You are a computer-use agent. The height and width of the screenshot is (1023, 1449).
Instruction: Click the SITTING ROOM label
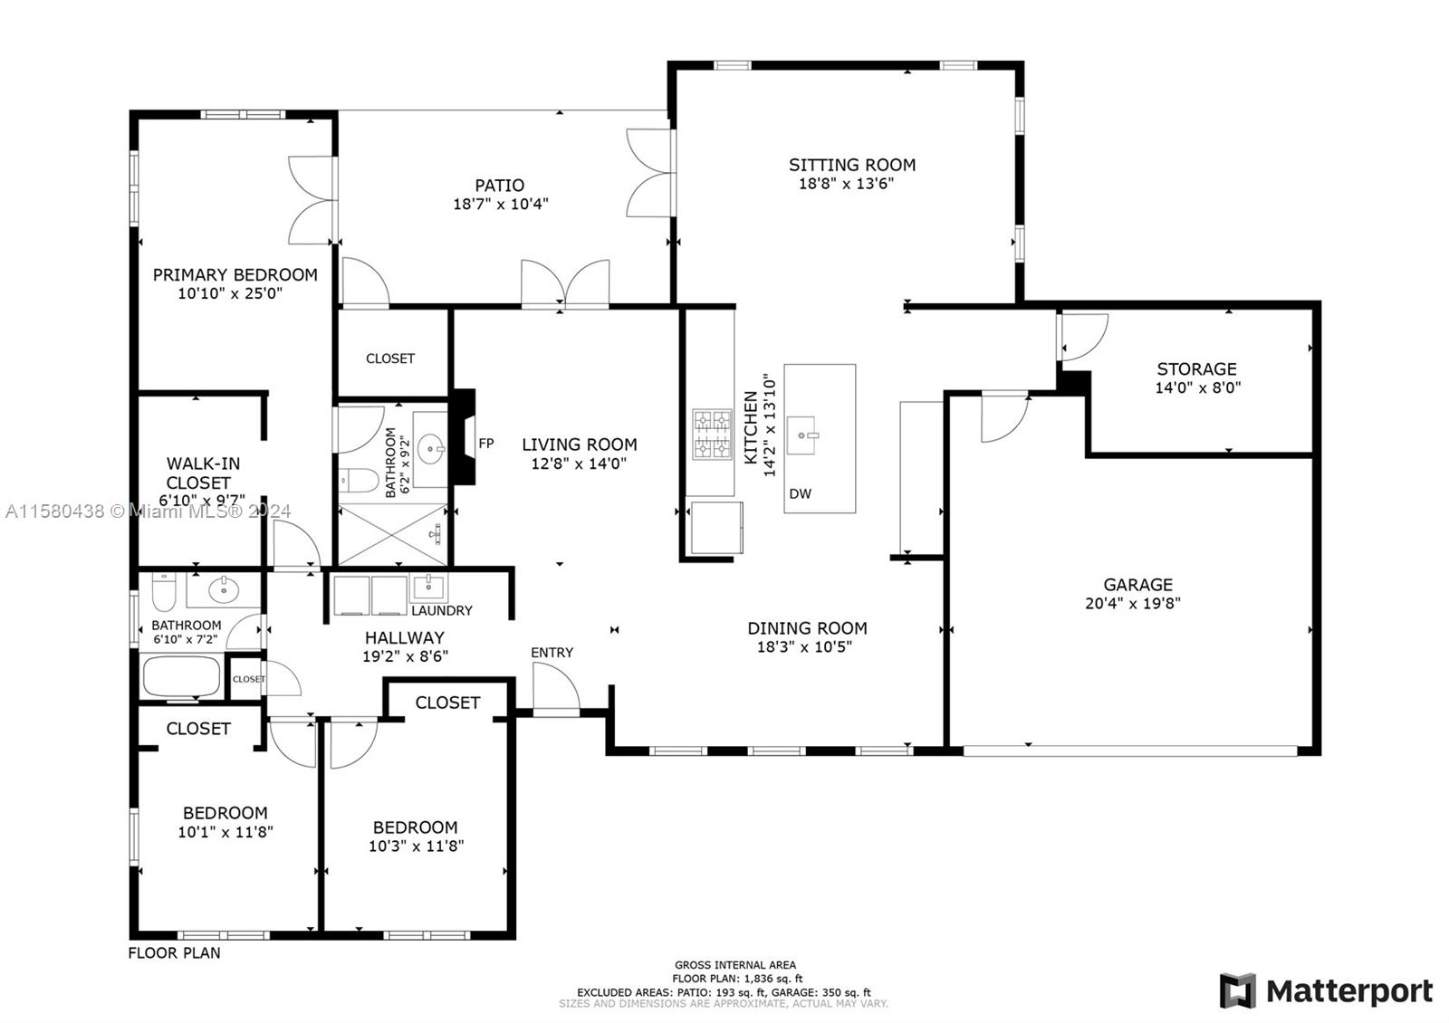point(852,165)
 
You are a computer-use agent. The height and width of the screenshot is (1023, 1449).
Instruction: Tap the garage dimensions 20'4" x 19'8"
point(1133,603)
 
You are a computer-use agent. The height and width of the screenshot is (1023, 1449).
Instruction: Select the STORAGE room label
point(1196,369)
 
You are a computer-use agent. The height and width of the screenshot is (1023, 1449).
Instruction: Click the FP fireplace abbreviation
point(486,444)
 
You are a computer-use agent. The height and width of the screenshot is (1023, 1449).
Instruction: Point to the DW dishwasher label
point(801,494)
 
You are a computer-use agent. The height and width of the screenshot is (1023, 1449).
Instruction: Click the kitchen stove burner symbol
point(712,434)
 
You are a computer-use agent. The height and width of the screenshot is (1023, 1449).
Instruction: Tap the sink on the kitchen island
point(802,435)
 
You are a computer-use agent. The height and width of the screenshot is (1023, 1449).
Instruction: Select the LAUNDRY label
point(442,610)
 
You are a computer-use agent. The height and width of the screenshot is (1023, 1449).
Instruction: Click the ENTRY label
point(552,653)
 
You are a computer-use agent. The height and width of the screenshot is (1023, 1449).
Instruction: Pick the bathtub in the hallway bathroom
point(182,677)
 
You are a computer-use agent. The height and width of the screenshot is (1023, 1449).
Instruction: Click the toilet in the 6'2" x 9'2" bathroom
point(359,481)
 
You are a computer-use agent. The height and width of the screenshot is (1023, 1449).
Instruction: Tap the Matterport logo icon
point(1238,990)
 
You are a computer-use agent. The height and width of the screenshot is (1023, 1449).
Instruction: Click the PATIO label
point(499,186)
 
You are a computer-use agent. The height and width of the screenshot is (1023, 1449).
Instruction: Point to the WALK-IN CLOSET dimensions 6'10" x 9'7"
point(202,500)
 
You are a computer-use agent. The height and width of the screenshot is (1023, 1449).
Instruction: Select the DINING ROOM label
point(807,628)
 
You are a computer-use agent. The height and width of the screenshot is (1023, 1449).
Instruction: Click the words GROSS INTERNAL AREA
point(735,965)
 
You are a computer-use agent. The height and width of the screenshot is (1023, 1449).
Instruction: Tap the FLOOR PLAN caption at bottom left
point(174,952)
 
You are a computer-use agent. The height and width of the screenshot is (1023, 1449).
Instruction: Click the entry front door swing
point(556,688)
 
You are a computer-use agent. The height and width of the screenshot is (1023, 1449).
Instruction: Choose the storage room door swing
point(1084,337)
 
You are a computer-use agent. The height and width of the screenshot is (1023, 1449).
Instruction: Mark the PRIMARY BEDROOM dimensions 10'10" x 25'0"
point(230,293)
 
